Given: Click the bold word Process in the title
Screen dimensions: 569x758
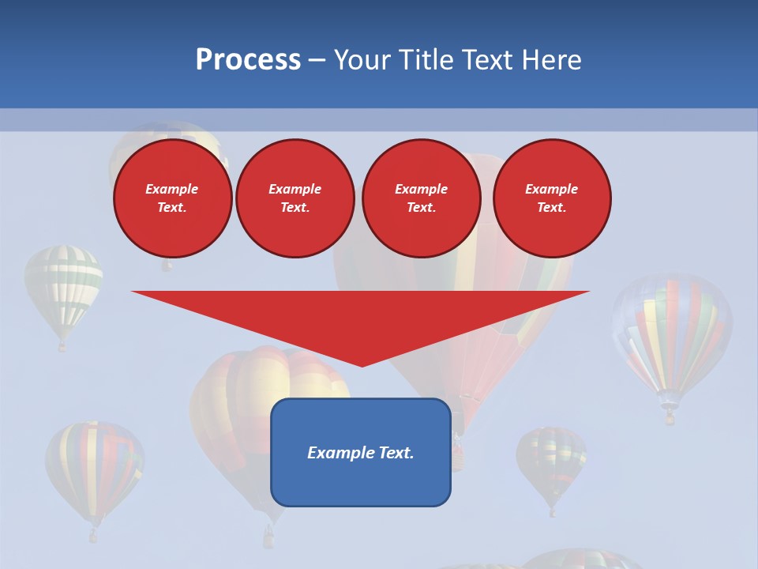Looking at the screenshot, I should point(248,60).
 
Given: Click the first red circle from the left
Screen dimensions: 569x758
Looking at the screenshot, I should point(172,198).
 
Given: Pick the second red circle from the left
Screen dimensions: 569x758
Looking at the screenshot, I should point(295,198).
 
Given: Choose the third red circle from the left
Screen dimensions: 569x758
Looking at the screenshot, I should point(421,198).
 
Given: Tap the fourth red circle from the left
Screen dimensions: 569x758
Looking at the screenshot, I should point(551,198).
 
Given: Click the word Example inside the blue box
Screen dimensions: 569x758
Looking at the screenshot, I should point(340,453).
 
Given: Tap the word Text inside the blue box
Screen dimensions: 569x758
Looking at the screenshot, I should point(396,453).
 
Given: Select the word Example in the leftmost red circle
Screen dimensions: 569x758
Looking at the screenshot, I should point(172,189).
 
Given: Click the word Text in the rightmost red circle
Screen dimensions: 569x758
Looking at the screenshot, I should point(551,208).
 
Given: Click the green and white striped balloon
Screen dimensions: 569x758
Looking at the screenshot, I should point(63,289).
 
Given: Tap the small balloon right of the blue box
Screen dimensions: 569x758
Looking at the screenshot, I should point(551,462).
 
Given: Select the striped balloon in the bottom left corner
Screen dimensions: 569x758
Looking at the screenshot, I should point(94,470).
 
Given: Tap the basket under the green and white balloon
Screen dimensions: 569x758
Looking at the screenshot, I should point(62,345).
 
